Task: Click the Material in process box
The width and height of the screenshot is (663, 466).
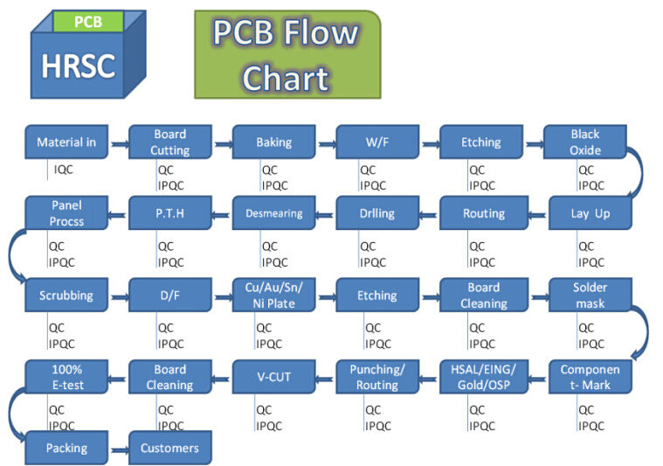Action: (x=66, y=142)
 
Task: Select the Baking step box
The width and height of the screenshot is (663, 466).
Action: (x=274, y=142)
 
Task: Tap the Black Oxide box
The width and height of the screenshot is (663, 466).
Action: (x=585, y=142)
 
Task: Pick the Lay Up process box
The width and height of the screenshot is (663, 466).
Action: (x=590, y=213)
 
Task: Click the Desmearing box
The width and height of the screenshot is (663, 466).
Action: (x=274, y=213)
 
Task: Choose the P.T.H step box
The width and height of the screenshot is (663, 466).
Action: (x=170, y=213)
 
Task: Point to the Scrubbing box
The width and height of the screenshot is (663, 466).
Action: (x=66, y=295)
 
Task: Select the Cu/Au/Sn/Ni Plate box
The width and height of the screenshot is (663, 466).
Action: (x=274, y=295)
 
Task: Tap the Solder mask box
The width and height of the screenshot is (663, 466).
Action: (x=590, y=295)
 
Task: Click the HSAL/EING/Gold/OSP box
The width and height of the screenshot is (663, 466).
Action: (x=484, y=377)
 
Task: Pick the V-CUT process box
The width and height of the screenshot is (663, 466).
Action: (x=274, y=377)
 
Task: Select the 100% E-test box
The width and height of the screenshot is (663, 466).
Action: (x=66, y=377)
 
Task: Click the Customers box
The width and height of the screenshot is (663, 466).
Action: (x=170, y=448)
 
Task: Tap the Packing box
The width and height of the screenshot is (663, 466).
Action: (x=66, y=448)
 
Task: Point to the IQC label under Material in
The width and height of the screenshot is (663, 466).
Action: (x=64, y=170)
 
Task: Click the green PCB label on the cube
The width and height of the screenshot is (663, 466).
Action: (x=88, y=22)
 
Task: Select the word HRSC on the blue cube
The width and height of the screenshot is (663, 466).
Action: (x=79, y=66)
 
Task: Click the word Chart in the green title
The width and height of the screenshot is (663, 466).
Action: (x=286, y=79)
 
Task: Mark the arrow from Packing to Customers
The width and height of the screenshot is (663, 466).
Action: (x=119, y=449)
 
